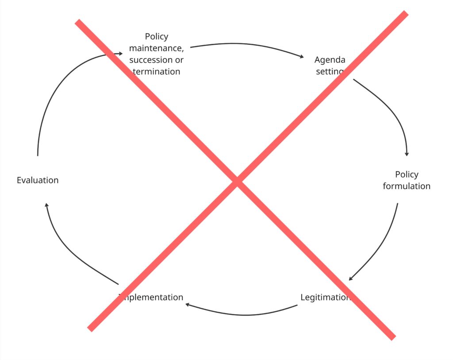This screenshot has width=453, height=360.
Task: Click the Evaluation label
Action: (38, 180)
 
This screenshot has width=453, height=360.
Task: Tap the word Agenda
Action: (330, 60)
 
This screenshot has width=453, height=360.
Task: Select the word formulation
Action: (407, 186)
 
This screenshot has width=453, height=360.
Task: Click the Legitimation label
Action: (325, 297)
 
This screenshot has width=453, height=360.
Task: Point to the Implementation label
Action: (152, 297)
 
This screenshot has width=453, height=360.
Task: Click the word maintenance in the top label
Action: (156, 48)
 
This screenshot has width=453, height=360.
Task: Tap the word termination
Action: (157, 71)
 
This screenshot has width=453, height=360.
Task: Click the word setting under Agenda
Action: (330, 71)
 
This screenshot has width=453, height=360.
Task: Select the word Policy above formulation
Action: (407, 174)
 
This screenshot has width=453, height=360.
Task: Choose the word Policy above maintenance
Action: (157, 36)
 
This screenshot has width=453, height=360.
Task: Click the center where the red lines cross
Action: (237, 181)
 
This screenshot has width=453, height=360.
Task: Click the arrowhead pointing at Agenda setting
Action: (302, 57)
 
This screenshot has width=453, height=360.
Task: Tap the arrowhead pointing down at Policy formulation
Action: (407, 154)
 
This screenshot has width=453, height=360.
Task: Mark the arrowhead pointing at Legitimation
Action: (350, 279)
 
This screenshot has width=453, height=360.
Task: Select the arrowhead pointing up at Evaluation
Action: (46, 204)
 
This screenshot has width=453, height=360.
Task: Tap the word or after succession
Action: (179, 60)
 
